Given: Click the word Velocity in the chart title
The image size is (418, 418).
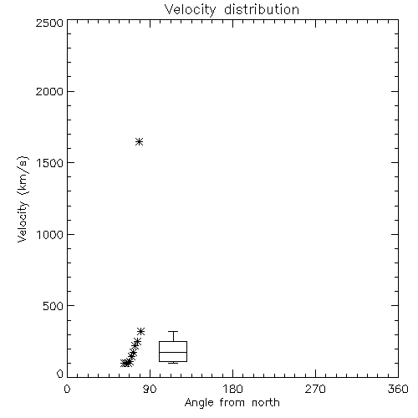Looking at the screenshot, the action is [190, 10].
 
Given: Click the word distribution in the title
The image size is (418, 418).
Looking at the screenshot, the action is [262, 9].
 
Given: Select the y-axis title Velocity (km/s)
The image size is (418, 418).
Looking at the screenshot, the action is [23, 199].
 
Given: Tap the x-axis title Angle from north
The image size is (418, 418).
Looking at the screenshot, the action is [232, 403].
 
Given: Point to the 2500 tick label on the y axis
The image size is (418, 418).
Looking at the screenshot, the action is [49, 23].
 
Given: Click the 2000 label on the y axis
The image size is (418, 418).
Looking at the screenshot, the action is [49, 91].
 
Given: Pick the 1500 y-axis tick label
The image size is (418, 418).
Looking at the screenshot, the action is [50, 163].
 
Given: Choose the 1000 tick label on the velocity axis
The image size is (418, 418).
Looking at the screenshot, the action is [50, 235].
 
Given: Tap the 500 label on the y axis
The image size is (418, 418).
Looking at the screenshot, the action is [54, 306].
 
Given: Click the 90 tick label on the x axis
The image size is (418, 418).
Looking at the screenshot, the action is [150, 389].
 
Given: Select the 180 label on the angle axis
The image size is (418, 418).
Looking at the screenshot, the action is [232, 389].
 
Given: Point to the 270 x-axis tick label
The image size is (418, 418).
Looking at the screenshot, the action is [315, 389].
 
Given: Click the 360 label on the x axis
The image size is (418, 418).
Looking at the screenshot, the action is [398, 389].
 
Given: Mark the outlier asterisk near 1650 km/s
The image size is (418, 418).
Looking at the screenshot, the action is [140, 142].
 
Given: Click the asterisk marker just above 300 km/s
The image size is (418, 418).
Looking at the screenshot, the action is [141, 331].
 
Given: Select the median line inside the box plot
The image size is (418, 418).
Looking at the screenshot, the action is [173, 352].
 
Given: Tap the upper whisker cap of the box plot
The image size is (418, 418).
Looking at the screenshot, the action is [173, 331].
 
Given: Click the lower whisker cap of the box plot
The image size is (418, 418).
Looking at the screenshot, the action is [173, 363].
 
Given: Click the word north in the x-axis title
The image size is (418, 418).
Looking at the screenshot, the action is [266, 402].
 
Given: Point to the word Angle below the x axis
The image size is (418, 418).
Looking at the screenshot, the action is [199, 404].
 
